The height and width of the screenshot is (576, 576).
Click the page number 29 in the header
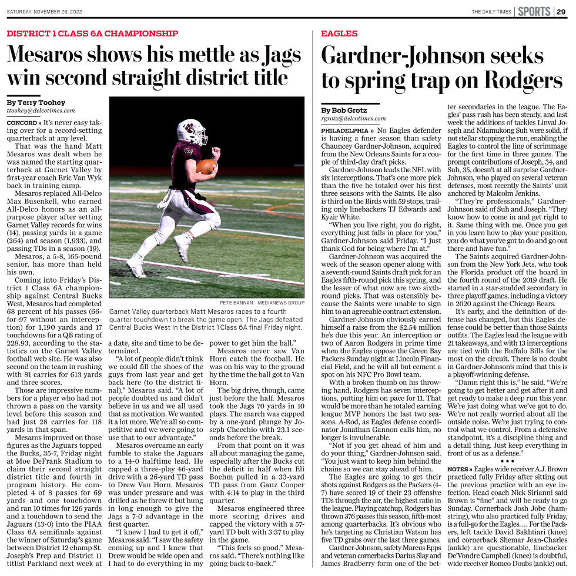562,11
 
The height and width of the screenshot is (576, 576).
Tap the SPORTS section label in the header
534,11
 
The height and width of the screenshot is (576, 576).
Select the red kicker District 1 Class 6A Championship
92,34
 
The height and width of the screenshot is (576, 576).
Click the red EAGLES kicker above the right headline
339,34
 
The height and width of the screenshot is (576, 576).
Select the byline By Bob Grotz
344,110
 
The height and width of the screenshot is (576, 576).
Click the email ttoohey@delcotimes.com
41,110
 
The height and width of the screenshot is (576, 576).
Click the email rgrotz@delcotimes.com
353,118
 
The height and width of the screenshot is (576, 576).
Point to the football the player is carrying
206,166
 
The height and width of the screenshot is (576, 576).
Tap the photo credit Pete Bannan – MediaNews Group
262,303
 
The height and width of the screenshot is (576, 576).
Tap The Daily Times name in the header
491,12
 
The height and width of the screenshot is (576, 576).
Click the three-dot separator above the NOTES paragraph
503,460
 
